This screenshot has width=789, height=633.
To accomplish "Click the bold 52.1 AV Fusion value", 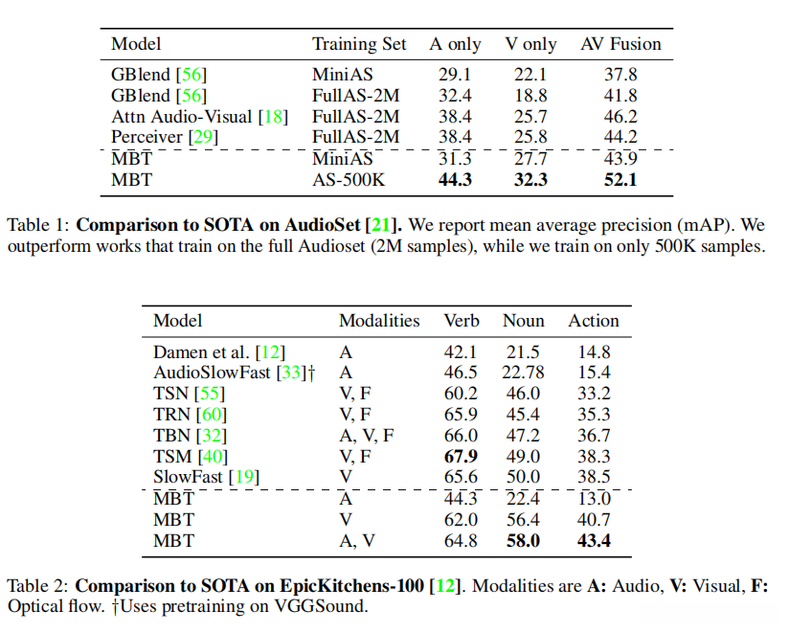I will tap(620, 179).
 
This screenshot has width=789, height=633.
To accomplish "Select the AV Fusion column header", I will tap(620, 44).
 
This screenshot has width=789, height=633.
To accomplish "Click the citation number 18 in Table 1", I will tap(275, 116).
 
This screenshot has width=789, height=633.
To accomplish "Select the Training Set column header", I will tap(359, 44).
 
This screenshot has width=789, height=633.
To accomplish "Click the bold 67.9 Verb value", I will tap(461, 457).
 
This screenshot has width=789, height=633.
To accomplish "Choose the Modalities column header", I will tap(379, 321).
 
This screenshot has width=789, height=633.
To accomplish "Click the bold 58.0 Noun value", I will tap(523, 541).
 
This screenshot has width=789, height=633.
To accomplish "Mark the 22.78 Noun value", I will tap(523, 373).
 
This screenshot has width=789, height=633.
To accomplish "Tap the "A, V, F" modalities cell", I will tap(367, 436).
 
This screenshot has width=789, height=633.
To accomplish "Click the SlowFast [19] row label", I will tap(207, 478).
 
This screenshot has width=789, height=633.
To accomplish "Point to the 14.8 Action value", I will tap(594, 351).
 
